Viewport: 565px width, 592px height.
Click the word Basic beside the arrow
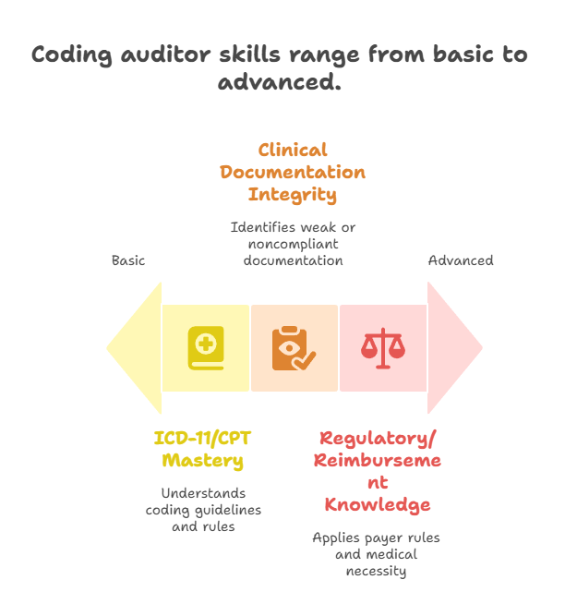[x=128, y=260]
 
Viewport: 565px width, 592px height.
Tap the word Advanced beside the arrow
[x=461, y=260]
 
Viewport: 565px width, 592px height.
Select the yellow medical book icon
[x=205, y=348]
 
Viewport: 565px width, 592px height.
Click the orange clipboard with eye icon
[x=294, y=348]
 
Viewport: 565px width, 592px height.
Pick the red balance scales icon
[x=382, y=348]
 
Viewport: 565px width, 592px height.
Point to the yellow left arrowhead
[x=134, y=348]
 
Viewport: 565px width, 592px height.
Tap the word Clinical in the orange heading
[x=293, y=150]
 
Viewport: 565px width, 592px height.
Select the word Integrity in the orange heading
[x=293, y=195]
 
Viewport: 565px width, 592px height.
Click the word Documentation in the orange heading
[x=293, y=173]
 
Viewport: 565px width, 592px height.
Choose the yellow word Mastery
[x=203, y=460]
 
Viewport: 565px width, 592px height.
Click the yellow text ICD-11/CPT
[x=203, y=438]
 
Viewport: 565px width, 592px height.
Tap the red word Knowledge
[x=378, y=505]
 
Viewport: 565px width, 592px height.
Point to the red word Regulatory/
[x=378, y=438]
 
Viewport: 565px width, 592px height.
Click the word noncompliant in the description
[x=293, y=244]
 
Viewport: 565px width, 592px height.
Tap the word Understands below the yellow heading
[x=203, y=493]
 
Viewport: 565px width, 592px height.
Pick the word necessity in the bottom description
[x=378, y=570]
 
